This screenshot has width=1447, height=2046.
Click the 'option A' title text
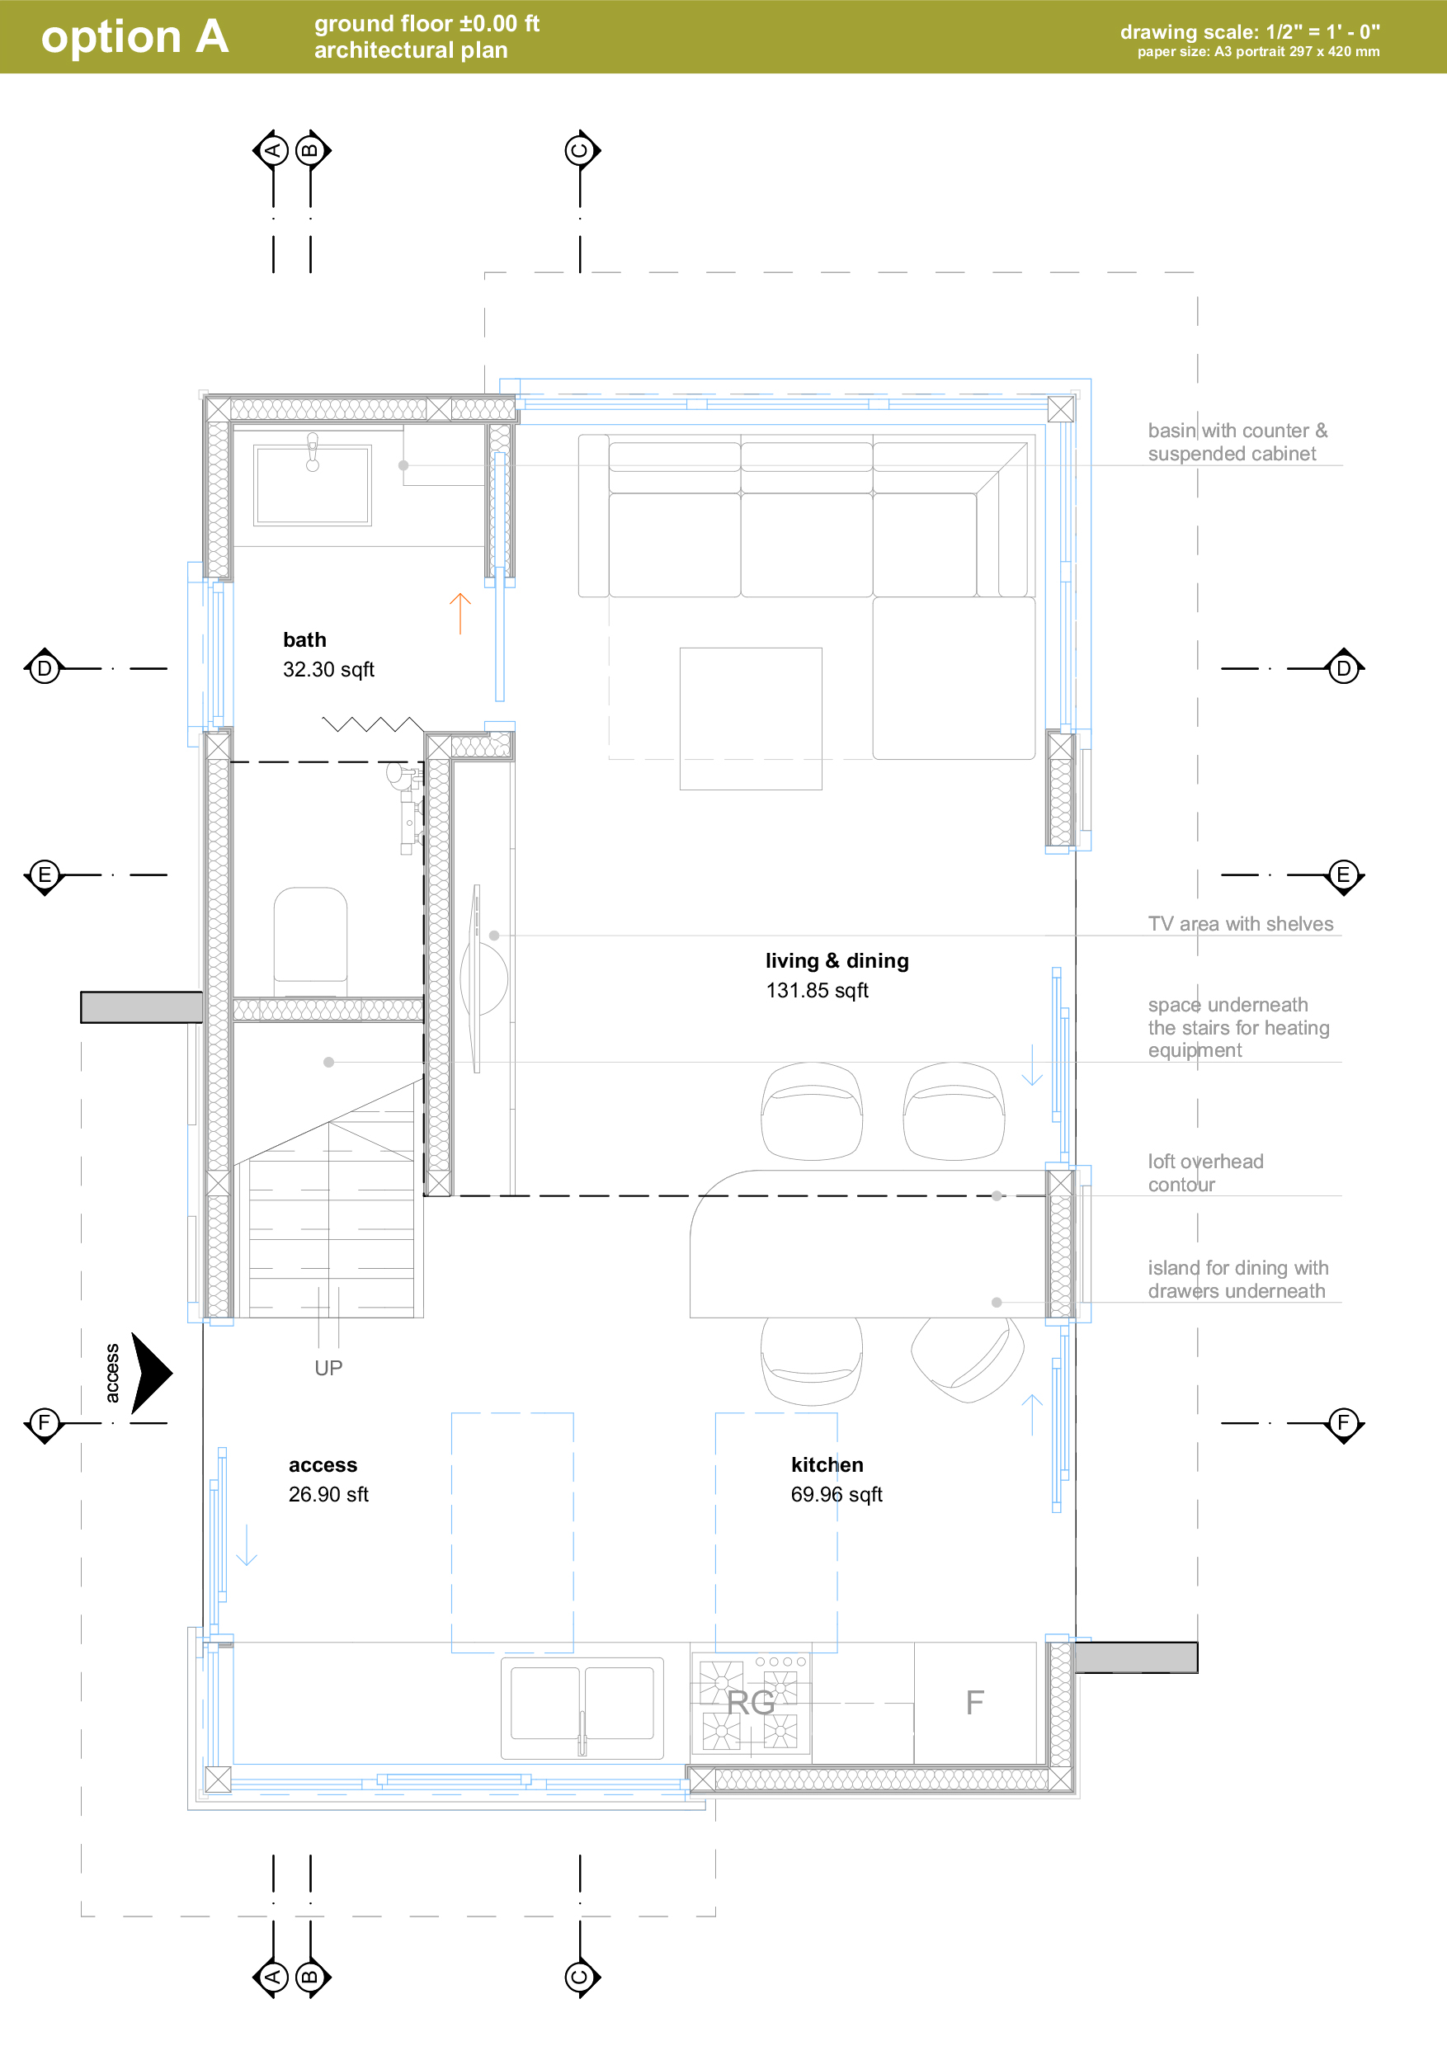coord(134,37)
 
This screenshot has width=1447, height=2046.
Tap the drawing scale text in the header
coord(1249,32)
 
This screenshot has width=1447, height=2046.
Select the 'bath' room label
coord(304,640)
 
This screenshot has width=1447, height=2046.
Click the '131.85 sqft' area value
coord(817,990)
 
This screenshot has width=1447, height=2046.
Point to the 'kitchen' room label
coord(827,1465)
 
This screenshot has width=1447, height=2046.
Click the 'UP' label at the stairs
coord(328,1368)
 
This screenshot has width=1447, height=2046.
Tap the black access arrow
coord(152,1373)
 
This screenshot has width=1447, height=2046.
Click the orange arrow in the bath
coord(460,614)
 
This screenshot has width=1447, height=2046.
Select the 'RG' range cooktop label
coord(750,1703)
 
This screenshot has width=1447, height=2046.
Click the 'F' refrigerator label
coord(975,1703)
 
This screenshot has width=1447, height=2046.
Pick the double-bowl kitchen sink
coord(582,1708)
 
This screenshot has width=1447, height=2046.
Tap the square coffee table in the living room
coord(750,719)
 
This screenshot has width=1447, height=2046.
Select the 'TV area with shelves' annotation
coord(1240,924)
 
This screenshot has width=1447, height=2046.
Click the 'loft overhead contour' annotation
coord(1205,1172)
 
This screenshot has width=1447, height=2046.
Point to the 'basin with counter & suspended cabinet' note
coord(1237,442)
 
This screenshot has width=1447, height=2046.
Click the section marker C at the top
coord(581,149)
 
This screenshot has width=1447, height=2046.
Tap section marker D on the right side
coord(1344,668)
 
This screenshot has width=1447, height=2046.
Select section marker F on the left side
coord(44,1423)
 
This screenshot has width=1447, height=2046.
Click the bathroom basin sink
coord(313,486)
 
